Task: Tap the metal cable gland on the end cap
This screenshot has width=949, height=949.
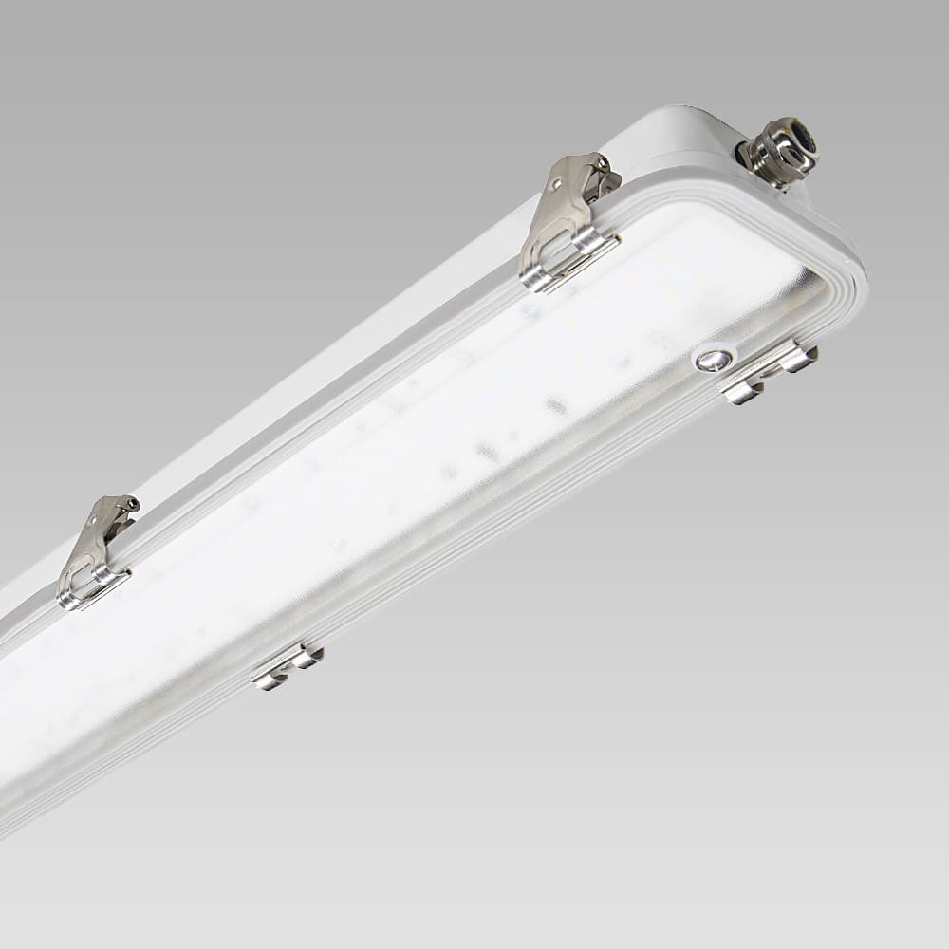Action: pos(779,150)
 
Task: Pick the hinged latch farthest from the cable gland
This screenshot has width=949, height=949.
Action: pos(96,550)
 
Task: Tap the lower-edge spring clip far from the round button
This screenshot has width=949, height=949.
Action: pos(287,665)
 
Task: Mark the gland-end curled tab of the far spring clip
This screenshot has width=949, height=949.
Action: pos(307,656)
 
